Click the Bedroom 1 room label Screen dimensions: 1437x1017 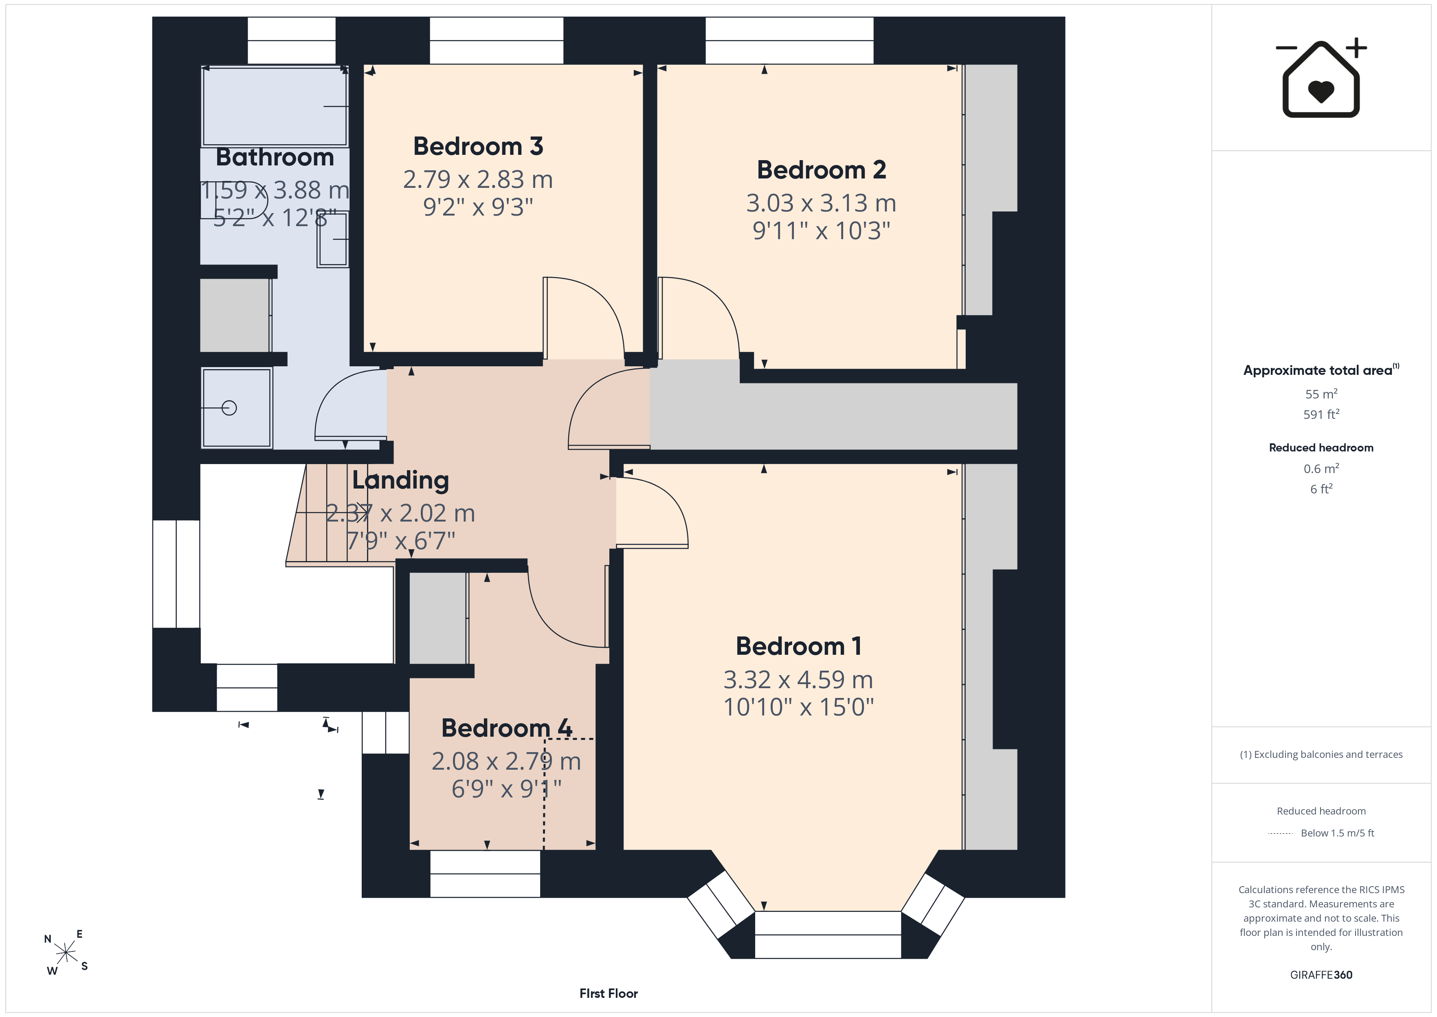point(799,646)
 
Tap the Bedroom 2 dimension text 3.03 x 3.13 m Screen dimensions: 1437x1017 point(821,203)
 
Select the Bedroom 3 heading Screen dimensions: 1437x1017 point(478,147)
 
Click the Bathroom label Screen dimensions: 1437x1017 point(275,157)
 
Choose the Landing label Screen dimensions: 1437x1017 point(400,480)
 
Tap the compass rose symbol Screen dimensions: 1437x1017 point(66,953)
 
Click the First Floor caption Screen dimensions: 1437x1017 point(609,993)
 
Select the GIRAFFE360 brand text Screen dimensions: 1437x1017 point(1321,974)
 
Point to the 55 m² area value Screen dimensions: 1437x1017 point(1321,394)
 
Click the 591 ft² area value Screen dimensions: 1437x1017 point(1321,414)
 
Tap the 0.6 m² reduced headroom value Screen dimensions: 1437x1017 point(1321,469)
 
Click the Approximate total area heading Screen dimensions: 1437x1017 point(1321,370)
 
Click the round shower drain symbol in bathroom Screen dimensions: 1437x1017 point(229,408)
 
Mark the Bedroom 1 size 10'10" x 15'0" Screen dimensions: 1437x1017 point(799,707)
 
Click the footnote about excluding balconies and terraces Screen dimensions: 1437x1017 point(1321,755)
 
